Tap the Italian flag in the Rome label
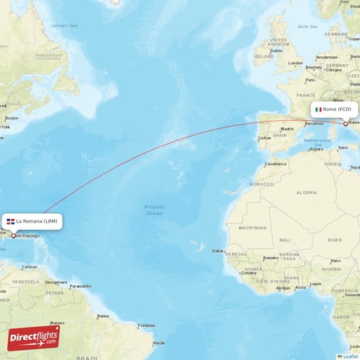point(318,109)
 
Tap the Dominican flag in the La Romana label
point(11,221)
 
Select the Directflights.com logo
point(34,337)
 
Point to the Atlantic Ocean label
point(154,210)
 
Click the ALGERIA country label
point(307,192)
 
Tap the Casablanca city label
point(274,163)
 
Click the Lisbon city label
point(264,137)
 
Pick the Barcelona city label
point(315,123)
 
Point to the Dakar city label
point(217,251)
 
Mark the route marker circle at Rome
point(346,124)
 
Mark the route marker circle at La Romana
point(14,235)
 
